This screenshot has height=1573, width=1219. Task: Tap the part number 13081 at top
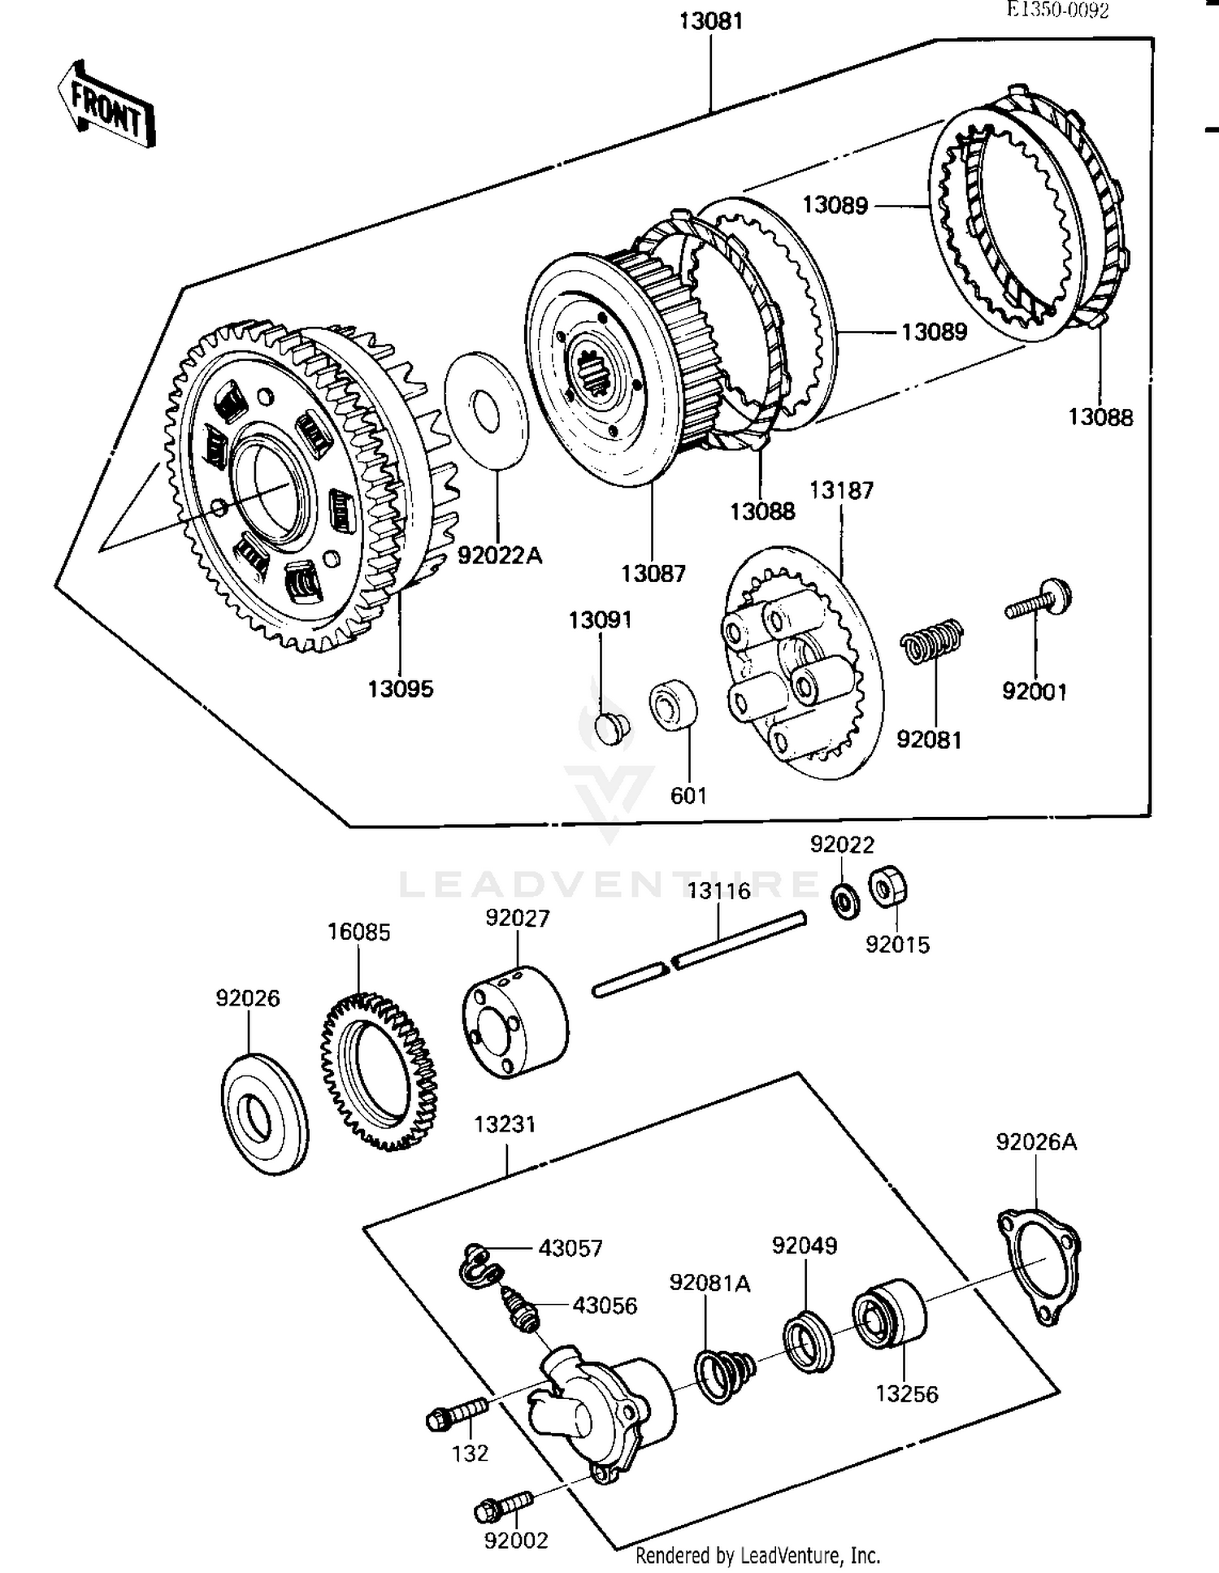coord(711,21)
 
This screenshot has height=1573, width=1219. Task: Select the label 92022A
coord(499,556)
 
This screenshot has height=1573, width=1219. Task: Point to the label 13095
coord(401,689)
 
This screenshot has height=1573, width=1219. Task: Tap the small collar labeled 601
coord(674,704)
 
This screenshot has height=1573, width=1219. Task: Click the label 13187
coord(841,491)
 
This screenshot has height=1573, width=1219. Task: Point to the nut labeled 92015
coord(888,887)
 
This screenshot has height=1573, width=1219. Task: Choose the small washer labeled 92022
coord(846,901)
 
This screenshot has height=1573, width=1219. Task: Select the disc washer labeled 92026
coord(264,1114)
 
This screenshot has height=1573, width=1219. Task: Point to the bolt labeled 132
coord(457,1414)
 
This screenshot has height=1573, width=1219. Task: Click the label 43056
coord(605,1306)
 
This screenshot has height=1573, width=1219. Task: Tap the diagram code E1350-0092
coord(1057,10)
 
